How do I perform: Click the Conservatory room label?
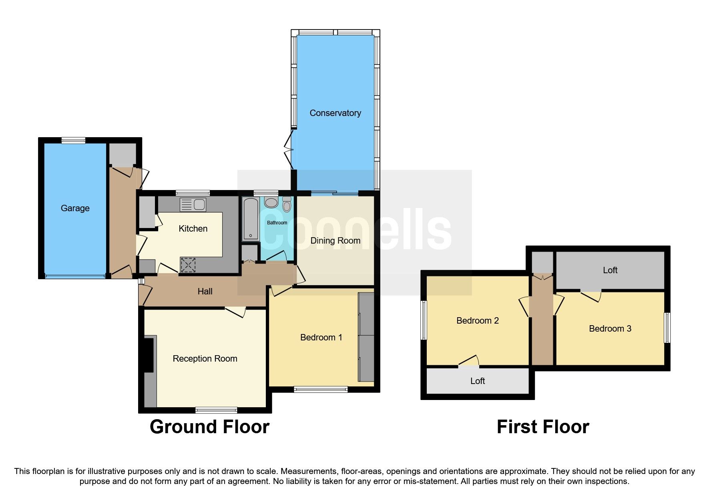coord(335,113)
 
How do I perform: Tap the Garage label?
coord(75,208)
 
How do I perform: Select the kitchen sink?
coord(193,205)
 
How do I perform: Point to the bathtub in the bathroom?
coord(251,219)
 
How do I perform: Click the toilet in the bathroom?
coord(287,205)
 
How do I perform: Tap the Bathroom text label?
coord(277,223)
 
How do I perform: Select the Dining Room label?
coord(335,241)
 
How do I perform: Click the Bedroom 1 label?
coord(321,338)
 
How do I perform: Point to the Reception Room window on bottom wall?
coord(216,410)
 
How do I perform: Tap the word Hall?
coord(205,292)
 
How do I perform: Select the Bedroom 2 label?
coord(477,321)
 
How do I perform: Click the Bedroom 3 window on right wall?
coord(667,328)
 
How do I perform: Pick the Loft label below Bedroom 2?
coord(477,381)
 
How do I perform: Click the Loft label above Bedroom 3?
coord(610,270)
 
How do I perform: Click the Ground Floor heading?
coord(209,427)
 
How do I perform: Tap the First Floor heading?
coord(542,427)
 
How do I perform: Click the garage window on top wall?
coord(73,140)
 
